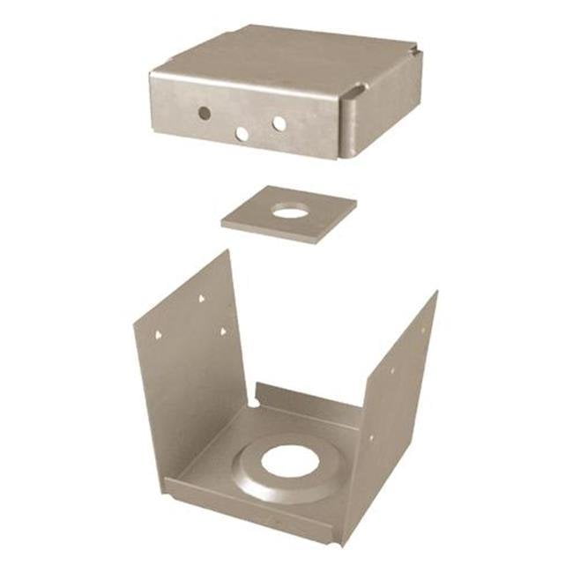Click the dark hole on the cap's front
[x=204, y=113]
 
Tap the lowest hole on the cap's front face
[x=242, y=134]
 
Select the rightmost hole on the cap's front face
[x=279, y=123]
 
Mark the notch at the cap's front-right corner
[x=354, y=93]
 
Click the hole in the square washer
[x=290, y=211]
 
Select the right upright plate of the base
[x=401, y=388]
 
